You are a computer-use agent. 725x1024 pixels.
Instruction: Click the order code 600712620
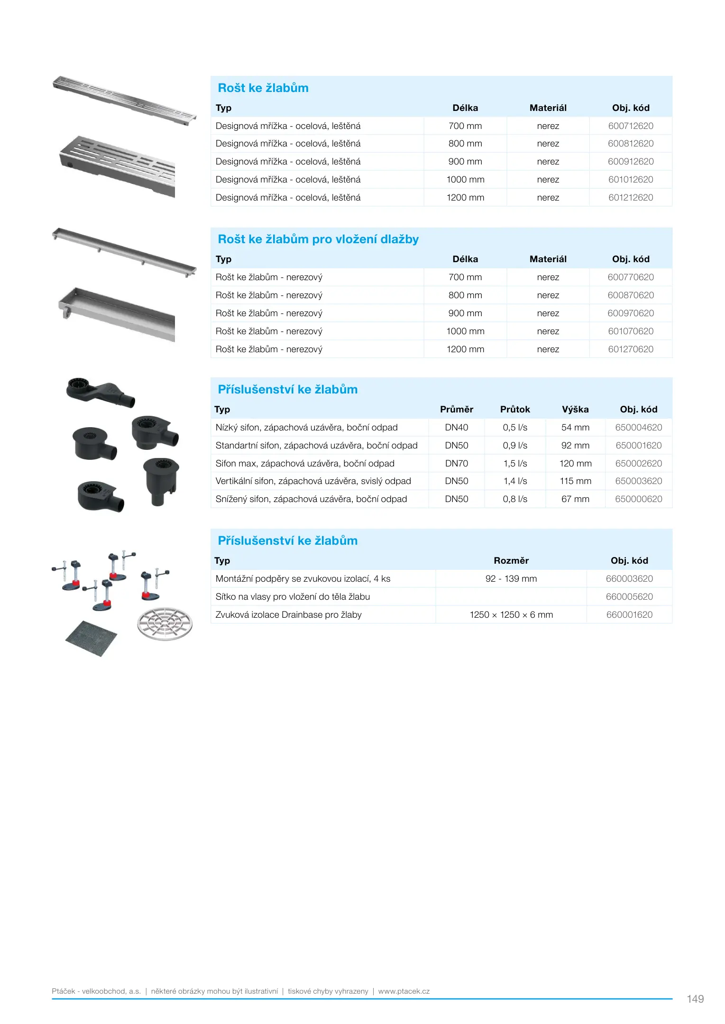pyautogui.click(x=630, y=126)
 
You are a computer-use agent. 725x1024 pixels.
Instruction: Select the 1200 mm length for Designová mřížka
pyautogui.click(x=465, y=198)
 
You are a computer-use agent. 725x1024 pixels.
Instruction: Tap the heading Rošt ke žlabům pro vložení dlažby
pyautogui.click(x=318, y=239)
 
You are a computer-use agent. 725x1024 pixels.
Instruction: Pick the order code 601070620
pyautogui.click(x=630, y=331)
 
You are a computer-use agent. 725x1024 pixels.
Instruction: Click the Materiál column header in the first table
pyautogui.click(x=548, y=108)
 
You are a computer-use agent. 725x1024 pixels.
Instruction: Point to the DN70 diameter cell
pyautogui.click(x=456, y=464)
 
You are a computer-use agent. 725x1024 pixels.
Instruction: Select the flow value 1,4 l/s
pyautogui.click(x=515, y=481)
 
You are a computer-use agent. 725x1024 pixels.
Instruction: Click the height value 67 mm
pyautogui.click(x=575, y=499)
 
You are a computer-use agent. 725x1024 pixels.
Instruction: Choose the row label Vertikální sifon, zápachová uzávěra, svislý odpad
pyautogui.click(x=313, y=481)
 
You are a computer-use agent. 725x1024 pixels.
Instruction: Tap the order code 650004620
pyautogui.click(x=638, y=428)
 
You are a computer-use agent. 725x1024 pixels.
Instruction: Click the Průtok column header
pyautogui.click(x=515, y=410)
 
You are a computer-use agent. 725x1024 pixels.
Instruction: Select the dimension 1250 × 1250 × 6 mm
pyautogui.click(x=511, y=615)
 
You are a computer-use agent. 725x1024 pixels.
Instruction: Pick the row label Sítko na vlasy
pyautogui.click(x=293, y=597)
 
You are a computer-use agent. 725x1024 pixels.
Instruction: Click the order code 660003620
pyautogui.click(x=629, y=579)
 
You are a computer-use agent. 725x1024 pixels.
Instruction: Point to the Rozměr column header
pyautogui.click(x=511, y=561)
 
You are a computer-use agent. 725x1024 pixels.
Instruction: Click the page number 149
pyautogui.click(x=695, y=999)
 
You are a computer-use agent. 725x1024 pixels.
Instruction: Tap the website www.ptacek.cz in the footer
pyautogui.click(x=404, y=991)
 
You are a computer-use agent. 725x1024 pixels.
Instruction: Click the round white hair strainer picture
pyautogui.click(x=165, y=623)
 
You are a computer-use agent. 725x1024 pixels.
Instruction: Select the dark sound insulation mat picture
pyautogui.click(x=91, y=638)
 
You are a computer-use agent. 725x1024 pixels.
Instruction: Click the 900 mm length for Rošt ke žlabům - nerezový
pyautogui.click(x=465, y=313)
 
